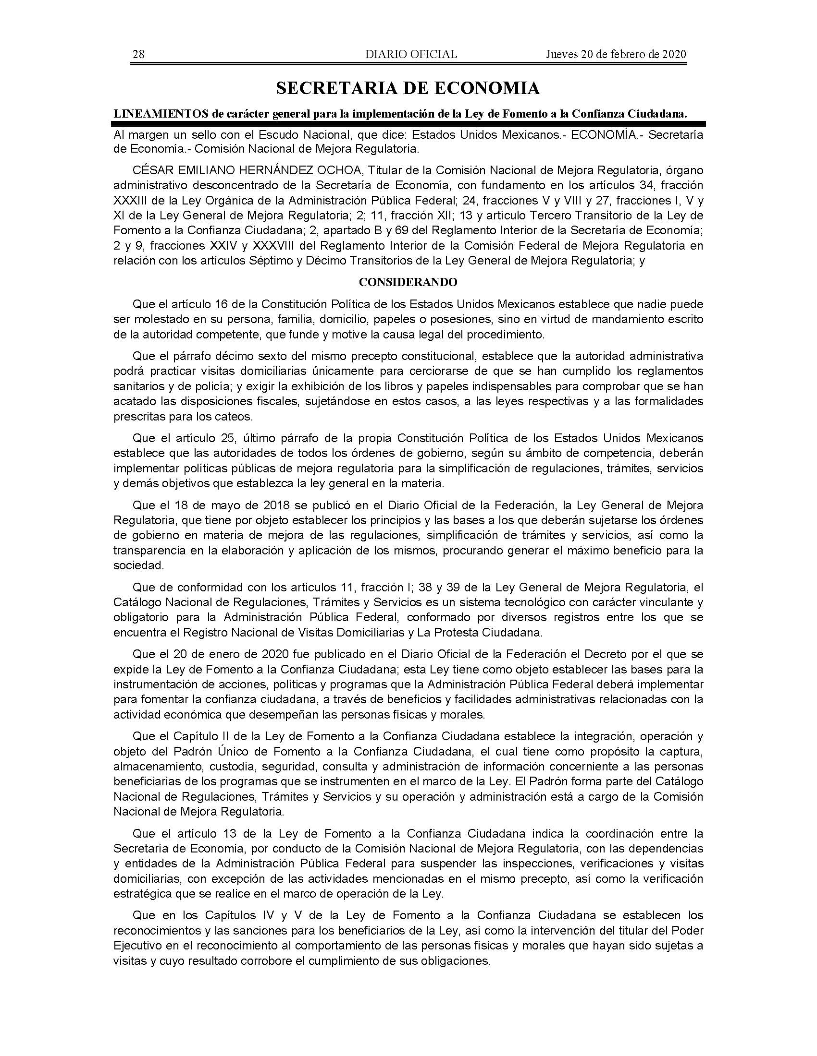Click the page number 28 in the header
[138, 54]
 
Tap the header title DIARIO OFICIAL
[411, 54]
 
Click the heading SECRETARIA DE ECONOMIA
[408, 88]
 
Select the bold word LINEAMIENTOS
[161, 114]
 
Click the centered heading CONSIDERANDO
[408, 282]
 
